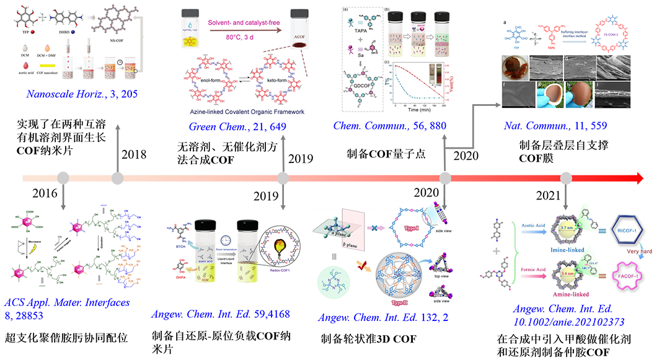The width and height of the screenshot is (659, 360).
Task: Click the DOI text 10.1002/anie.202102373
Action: coord(569,322)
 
